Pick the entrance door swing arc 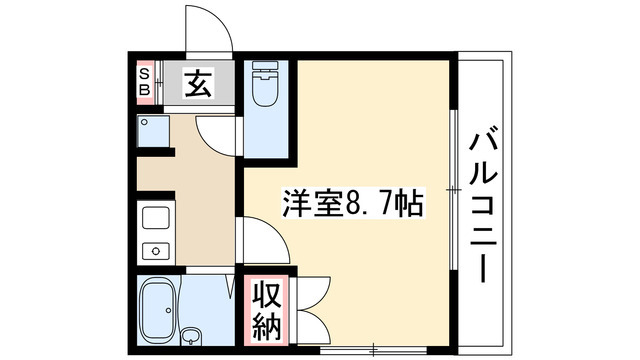[x=207, y=28]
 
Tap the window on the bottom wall [x=372, y=348]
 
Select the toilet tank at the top [x=266, y=69]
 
